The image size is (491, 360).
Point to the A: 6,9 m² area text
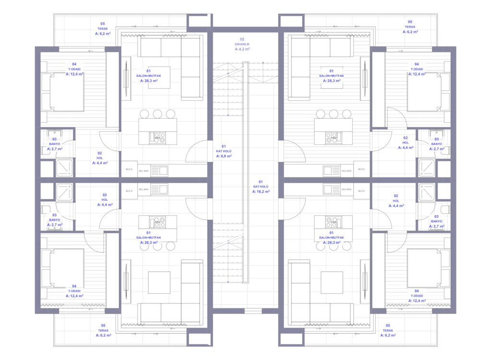pos(224,156)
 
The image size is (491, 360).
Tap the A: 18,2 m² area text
pos(261,191)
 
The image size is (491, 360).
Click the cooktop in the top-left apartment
pos(157,138)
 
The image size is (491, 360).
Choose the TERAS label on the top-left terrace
pos(103,28)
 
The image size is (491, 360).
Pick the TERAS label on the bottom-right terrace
pos(388,330)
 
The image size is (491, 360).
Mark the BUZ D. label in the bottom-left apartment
pos(129,191)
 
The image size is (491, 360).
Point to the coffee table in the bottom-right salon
pos(332,282)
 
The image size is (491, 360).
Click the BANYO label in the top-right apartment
pos(436,144)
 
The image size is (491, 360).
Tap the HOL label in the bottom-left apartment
pos(105,199)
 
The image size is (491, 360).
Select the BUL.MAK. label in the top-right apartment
pos(346,170)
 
